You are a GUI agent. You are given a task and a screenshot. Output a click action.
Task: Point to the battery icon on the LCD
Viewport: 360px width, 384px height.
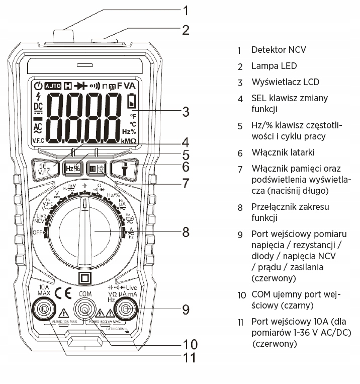click(x=132, y=101)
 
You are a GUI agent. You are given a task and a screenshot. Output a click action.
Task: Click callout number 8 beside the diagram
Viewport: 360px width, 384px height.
click(x=186, y=232)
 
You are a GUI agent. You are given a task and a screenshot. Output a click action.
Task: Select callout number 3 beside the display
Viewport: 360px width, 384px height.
click(x=186, y=111)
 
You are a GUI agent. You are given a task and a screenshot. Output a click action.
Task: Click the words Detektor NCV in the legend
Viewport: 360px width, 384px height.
click(x=279, y=50)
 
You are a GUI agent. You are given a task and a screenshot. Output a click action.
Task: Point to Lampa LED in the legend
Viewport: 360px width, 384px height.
click(x=274, y=66)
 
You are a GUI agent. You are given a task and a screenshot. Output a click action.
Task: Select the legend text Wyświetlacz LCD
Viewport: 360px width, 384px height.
click(x=285, y=82)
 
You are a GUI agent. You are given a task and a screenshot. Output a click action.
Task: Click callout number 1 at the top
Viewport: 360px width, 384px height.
click(x=186, y=10)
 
